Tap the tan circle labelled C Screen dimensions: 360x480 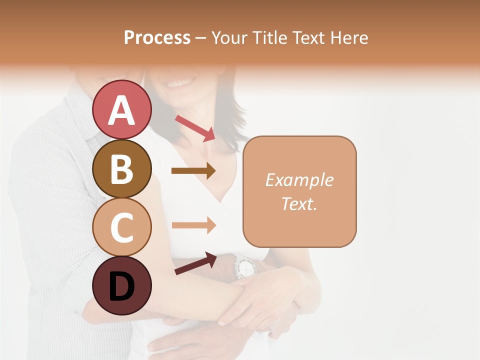pos(122,227)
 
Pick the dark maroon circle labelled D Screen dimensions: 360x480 pos(122,285)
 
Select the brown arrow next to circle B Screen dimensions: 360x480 pos(193,171)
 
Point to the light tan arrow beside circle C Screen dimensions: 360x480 pos(193,225)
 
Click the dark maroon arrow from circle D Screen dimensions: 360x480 pos(195,263)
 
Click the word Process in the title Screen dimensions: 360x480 pos(157,37)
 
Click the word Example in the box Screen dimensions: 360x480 pos(299,180)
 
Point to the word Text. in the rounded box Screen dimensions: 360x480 pos(299,203)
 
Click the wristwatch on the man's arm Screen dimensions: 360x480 pos(244,266)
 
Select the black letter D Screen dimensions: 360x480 pos(122,286)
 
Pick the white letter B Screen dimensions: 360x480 pos(122,169)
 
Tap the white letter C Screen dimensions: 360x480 pos(122,227)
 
